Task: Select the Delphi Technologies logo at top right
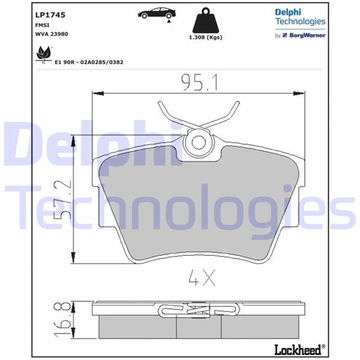300,17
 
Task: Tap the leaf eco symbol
43,55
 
